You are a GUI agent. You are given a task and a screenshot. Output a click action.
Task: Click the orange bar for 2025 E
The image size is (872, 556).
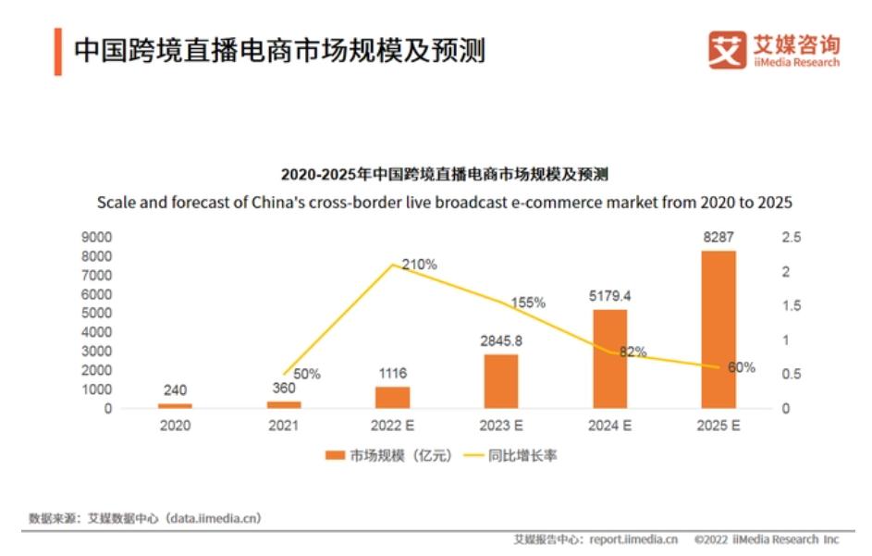718,329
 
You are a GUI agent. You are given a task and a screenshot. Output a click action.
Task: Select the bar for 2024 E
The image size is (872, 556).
609,359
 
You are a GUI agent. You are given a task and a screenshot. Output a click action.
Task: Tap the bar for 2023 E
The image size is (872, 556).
501,381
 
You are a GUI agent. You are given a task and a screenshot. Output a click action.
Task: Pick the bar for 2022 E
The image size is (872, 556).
392,398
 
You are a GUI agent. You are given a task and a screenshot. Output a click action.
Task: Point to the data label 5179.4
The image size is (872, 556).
609,297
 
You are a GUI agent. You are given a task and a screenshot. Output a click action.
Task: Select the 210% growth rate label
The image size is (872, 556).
419,265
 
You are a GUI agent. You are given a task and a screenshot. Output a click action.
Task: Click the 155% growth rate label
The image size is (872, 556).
528,303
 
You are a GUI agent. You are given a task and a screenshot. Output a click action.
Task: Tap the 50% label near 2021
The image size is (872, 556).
307,375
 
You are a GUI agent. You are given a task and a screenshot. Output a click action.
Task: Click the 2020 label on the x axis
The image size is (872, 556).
175,426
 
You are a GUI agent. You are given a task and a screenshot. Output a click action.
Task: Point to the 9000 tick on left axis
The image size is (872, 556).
97,238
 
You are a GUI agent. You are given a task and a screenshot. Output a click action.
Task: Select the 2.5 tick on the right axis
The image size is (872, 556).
792,238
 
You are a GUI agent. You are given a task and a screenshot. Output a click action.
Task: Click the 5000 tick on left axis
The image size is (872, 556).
97,314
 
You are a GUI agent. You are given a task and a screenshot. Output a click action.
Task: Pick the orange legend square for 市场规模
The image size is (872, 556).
334,455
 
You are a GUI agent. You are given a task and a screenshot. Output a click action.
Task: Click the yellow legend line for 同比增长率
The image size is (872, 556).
473,455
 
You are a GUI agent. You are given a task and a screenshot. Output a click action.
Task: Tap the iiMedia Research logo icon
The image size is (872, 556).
727,49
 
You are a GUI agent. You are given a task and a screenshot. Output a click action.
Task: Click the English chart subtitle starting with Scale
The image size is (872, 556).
445,202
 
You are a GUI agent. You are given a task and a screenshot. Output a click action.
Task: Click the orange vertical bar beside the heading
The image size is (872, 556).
57,51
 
